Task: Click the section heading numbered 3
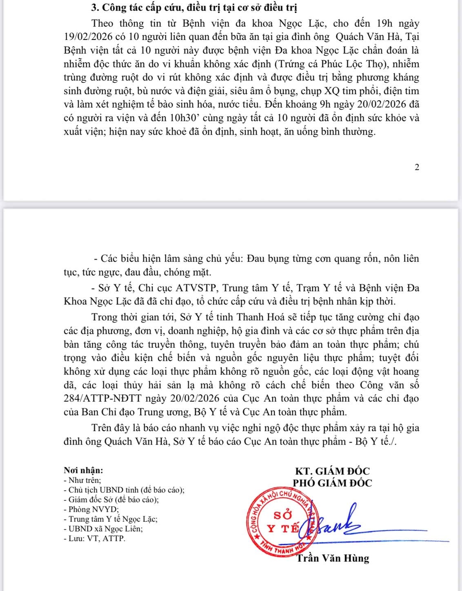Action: coord(194,8)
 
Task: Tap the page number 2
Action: coord(417,167)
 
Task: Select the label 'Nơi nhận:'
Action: coord(83,471)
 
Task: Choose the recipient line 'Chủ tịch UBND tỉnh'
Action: coord(124,490)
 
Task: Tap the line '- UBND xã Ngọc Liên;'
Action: coord(104,529)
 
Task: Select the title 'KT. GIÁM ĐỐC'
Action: coord(332,471)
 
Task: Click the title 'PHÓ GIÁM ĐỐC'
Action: coord(332,483)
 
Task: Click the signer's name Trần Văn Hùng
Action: coord(333,558)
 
